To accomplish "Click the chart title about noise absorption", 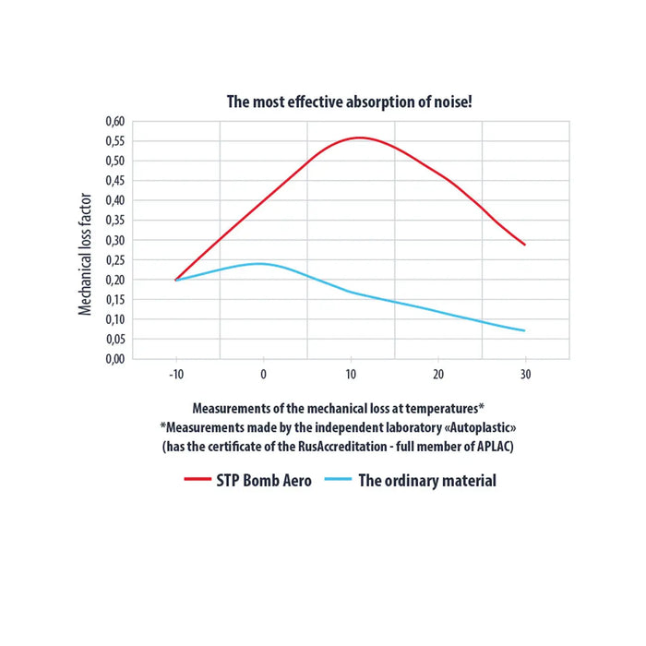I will tap(350, 102).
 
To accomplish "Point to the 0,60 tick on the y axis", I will tap(112, 121).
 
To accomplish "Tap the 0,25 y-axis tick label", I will tap(112, 259).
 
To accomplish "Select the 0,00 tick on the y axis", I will tap(112, 359).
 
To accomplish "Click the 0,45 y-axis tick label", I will tap(112, 180).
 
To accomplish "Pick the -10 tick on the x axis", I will tap(175, 374).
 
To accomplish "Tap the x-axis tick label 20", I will tap(438, 374).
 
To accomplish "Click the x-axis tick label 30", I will tap(525, 374).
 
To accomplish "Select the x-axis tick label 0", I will tap(263, 374).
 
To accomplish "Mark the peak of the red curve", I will tap(359, 138).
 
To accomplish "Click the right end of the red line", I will tap(525, 245).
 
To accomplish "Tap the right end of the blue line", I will tap(525, 330).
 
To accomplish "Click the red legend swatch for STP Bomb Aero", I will tap(198, 480).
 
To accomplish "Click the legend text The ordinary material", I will tap(426, 480).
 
